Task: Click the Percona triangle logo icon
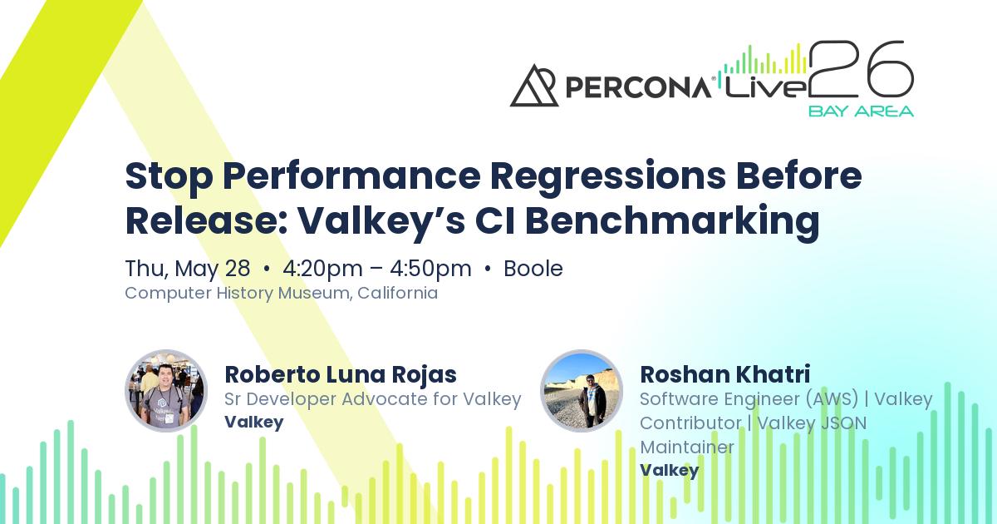tap(533, 86)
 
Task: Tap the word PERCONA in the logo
tap(636, 87)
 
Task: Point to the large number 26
tap(862, 70)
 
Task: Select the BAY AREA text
tap(861, 111)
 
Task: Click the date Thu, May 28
tap(187, 269)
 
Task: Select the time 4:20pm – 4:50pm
tap(376, 269)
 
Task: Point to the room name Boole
tap(533, 269)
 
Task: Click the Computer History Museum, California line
tap(281, 293)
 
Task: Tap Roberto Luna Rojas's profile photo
tap(166, 391)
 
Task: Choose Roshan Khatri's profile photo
tap(582, 391)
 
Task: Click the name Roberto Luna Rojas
tap(341, 374)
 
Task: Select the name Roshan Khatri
tap(724, 374)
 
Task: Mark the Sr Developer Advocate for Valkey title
tap(372, 399)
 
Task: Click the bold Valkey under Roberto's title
tap(253, 422)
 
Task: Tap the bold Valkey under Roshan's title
tap(669, 470)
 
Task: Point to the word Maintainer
tap(686, 447)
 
